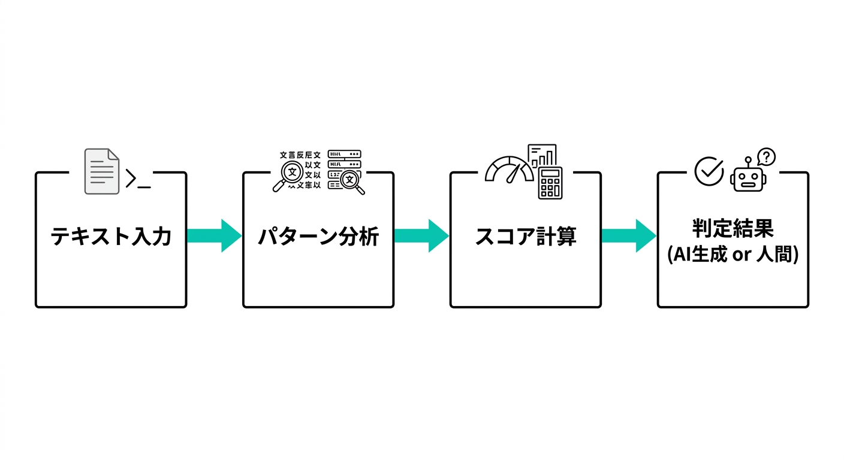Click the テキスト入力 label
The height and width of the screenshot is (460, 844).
111,237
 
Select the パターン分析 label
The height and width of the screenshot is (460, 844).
318,237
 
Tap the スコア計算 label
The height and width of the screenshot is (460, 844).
525,237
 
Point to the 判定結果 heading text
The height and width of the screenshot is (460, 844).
733,228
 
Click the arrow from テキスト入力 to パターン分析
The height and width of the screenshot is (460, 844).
214,235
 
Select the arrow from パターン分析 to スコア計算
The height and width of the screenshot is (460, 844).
421,235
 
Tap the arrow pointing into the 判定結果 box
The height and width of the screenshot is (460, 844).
629,235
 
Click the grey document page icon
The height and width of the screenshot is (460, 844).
102,172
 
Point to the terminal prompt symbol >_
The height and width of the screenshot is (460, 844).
138,179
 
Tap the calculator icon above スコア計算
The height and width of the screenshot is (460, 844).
550,183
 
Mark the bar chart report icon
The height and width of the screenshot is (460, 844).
542,155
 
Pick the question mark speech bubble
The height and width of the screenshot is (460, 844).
766,157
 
